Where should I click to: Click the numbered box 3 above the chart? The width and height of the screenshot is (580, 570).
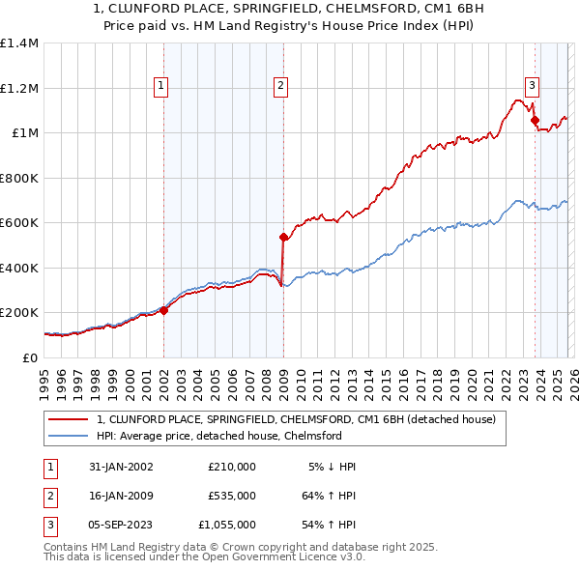point(532,84)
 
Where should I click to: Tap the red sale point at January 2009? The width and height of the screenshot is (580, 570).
point(283,237)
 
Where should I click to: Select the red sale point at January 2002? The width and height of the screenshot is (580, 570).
point(164,310)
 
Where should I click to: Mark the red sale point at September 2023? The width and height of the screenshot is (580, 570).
point(535,121)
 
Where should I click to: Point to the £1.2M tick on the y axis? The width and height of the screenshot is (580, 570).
point(19,88)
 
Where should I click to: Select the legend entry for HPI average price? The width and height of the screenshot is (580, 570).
point(219,436)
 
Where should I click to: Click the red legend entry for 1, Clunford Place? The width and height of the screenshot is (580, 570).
point(296,419)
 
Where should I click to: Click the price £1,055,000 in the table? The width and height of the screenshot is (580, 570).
point(227,525)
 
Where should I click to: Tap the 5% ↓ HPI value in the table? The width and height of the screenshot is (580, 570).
point(333,467)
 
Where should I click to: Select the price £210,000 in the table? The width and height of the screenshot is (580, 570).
point(232,467)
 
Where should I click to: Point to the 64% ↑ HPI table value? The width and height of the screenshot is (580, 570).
point(329,496)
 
